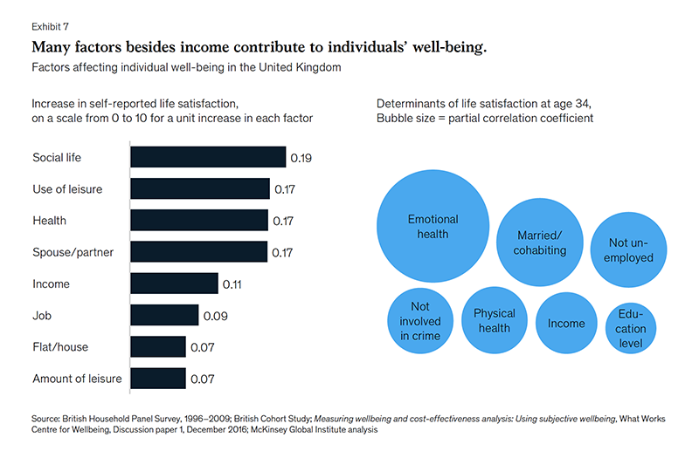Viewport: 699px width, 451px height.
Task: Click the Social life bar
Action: (x=208, y=157)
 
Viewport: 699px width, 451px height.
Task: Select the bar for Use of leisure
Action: (x=200, y=188)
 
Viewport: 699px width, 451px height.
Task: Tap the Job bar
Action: (x=164, y=315)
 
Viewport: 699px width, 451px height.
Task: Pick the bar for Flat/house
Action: (x=158, y=347)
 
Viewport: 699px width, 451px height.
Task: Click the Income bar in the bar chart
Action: (x=174, y=284)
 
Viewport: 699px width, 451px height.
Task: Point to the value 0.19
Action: (x=301, y=158)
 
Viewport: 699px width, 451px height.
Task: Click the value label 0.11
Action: (x=232, y=284)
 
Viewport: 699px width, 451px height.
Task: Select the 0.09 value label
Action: (x=215, y=316)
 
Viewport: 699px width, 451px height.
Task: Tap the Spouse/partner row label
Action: (x=73, y=252)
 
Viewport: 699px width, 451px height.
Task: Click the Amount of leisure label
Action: (x=77, y=379)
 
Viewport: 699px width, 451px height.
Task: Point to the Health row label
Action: (x=50, y=221)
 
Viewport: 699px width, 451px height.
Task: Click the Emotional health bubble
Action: (x=433, y=226)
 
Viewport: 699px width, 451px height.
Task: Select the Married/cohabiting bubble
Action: (x=540, y=243)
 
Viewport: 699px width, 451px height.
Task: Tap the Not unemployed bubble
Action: (x=628, y=249)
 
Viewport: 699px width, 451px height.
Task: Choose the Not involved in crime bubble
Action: (x=420, y=321)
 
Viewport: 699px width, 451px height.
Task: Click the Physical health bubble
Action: (x=495, y=320)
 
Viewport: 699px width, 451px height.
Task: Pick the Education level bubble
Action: (x=631, y=329)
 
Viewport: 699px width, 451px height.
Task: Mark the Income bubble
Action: (x=566, y=324)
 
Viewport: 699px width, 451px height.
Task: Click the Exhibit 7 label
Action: (x=50, y=27)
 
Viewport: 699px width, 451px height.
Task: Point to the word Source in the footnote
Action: (x=45, y=419)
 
